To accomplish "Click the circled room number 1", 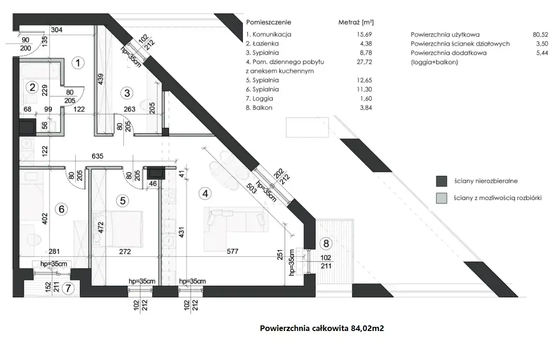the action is [78, 63].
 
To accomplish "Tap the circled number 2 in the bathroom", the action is [32, 87].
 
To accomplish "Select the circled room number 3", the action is [127, 94].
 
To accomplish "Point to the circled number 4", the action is [205, 194].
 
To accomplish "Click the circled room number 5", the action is [122, 201].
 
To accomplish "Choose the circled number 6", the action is [61, 209].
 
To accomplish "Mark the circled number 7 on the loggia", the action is [68, 288].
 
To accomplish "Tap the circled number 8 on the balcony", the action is [326, 243].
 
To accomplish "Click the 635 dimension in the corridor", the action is [97, 156].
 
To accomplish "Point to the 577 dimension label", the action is [233, 251].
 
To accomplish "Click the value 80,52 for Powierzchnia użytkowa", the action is [540, 35].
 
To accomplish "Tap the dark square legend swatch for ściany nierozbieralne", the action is [442, 181].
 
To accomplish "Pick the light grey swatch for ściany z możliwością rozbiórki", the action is [442, 198].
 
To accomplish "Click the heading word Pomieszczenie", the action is [269, 22].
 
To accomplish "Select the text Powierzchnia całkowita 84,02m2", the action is [322, 328].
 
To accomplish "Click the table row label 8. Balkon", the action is [259, 108].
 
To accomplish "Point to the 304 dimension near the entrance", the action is [57, 30].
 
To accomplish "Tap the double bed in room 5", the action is [118, 229].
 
